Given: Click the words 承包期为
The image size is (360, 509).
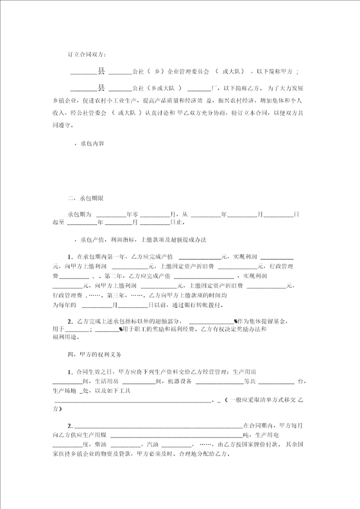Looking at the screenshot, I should pos(79,214).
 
